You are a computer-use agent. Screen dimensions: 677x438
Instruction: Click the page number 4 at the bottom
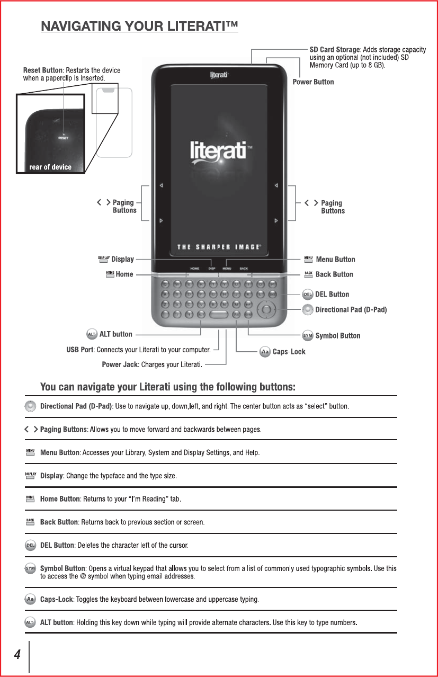[x=17, y=655]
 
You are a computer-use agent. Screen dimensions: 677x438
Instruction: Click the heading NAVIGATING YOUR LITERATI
[x=139, y=26]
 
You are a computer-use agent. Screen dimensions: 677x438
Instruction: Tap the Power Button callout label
[x=313, y=82]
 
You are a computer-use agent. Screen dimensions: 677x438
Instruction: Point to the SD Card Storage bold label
[x=334, y=50]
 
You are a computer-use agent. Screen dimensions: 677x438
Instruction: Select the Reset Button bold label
[x=43, y=70]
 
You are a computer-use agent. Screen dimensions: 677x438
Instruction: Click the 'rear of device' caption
[x=50, y=167]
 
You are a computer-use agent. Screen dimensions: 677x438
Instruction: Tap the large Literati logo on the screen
[x=218, y=151]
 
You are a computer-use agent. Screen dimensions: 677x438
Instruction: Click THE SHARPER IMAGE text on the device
[x=219, y=247]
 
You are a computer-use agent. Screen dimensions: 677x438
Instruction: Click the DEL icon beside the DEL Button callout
[x=308, y=295]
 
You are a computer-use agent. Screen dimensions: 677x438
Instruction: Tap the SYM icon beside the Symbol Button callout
[x=308, y=336]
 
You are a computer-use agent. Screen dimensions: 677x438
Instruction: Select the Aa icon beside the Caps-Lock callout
[x=265, y=352]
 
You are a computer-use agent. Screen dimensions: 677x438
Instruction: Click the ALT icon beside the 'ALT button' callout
[x=91, y=334]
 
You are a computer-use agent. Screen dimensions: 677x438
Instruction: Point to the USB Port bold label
[x=80, y=350]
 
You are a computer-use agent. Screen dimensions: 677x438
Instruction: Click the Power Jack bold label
[x=120, y=364]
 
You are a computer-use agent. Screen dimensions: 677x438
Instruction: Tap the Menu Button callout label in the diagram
[x=335, y=260]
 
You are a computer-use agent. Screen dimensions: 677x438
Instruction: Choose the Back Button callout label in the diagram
[x=334, y=274]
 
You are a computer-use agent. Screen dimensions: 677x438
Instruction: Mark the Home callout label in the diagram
[x=124, y=274]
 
